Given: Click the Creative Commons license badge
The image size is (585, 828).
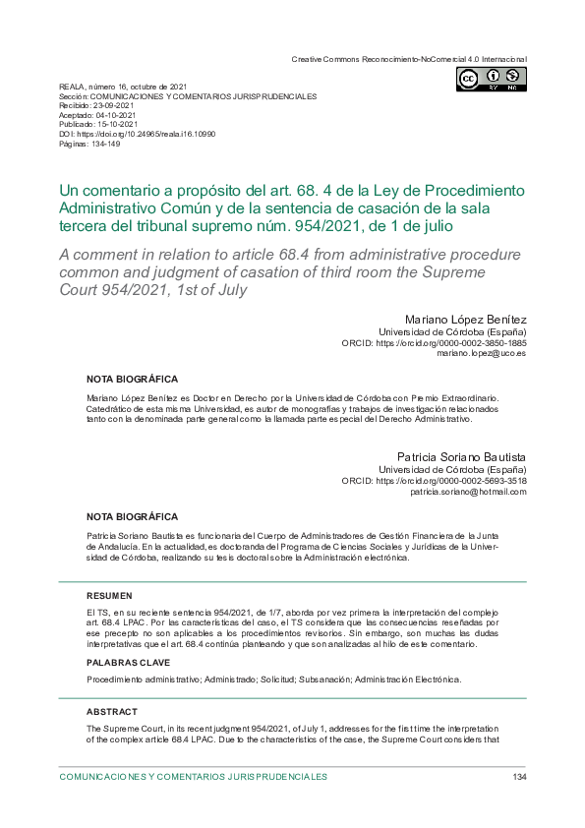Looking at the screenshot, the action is (x=491, y=79).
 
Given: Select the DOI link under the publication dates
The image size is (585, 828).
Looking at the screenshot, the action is (x=147, y=133).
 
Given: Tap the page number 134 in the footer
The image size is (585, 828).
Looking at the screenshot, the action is (x=520, y=777).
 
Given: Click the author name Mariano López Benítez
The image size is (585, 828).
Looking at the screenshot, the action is (x=465, y=320).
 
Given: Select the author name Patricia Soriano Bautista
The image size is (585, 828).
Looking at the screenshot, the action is (x=461, y=457).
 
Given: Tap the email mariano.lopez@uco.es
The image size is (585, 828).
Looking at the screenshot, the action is (x=482, y=353).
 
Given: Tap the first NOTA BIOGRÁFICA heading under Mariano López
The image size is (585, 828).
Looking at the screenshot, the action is (x=132, y=379).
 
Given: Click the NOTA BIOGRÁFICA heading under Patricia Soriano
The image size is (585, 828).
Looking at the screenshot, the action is (x=132, y=516).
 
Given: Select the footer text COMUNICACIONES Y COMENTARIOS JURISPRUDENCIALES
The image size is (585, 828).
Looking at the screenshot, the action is (x=193, y=777).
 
